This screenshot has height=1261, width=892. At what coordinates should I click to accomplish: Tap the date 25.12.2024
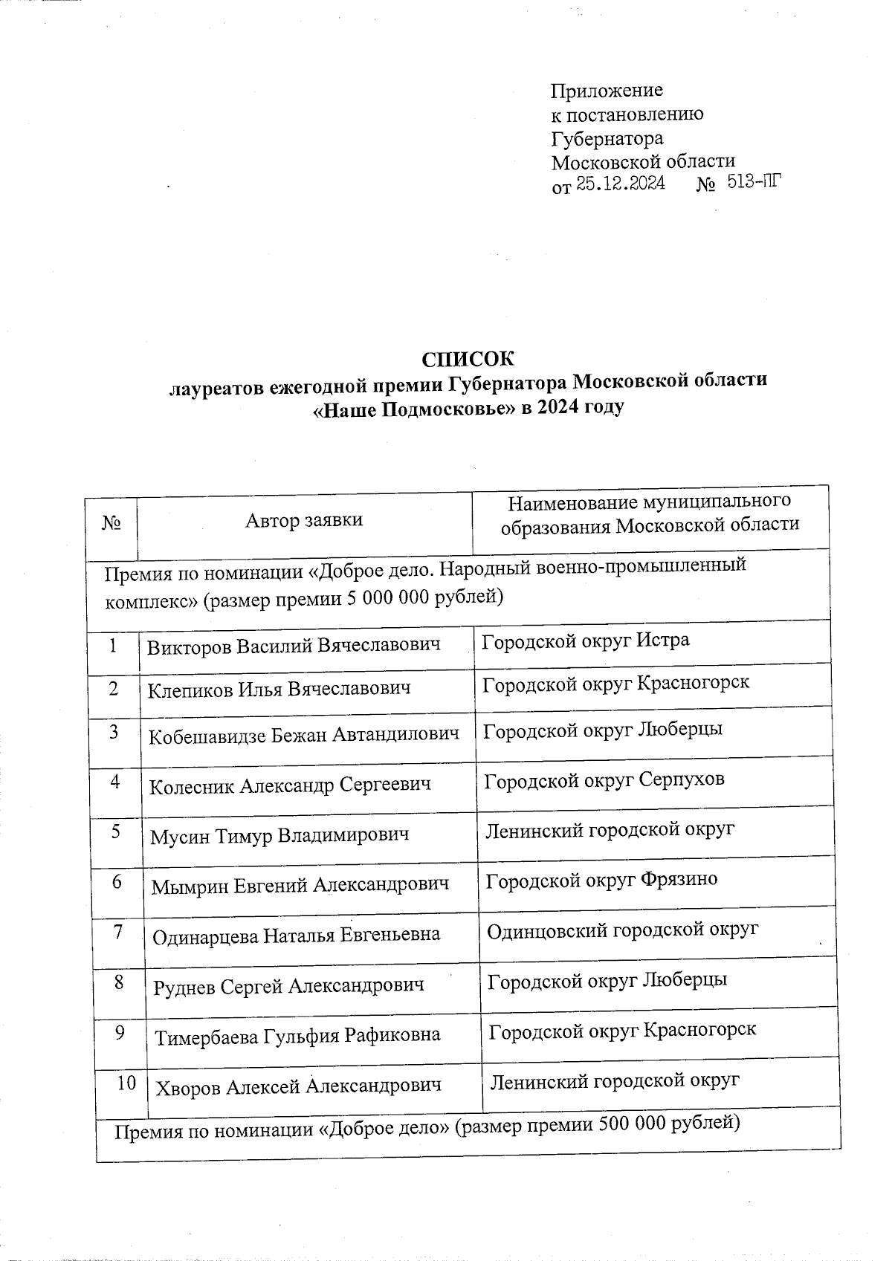click(621, 184)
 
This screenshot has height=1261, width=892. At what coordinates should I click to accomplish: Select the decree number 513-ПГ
click(755, 181)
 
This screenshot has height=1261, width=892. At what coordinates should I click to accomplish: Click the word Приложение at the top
click(607, 91)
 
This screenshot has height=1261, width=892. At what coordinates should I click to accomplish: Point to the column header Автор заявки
click(304, 519)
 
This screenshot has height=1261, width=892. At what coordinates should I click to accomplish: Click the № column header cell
click(111, 523)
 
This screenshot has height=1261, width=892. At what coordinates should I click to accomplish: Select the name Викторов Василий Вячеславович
click(294, 645)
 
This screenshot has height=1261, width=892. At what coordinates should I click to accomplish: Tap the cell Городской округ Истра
click(585, 640)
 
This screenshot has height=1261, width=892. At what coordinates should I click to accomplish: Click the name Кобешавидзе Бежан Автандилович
click(303, 736)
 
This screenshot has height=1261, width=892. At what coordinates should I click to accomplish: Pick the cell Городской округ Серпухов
click(604, 779)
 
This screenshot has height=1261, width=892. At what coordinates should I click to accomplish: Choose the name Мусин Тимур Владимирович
click(279, 835)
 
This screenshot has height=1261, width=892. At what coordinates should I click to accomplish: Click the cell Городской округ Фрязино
click(601, 880)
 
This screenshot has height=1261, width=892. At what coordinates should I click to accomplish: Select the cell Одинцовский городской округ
click(622, 930)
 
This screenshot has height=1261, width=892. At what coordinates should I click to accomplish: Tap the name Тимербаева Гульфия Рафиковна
click(297, 1035)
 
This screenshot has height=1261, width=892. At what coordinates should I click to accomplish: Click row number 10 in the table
click(126, 1083)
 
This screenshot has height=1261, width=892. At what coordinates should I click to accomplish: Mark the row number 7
click(119, 932)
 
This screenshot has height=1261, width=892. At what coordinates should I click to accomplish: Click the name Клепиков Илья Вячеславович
click(279, 689)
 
